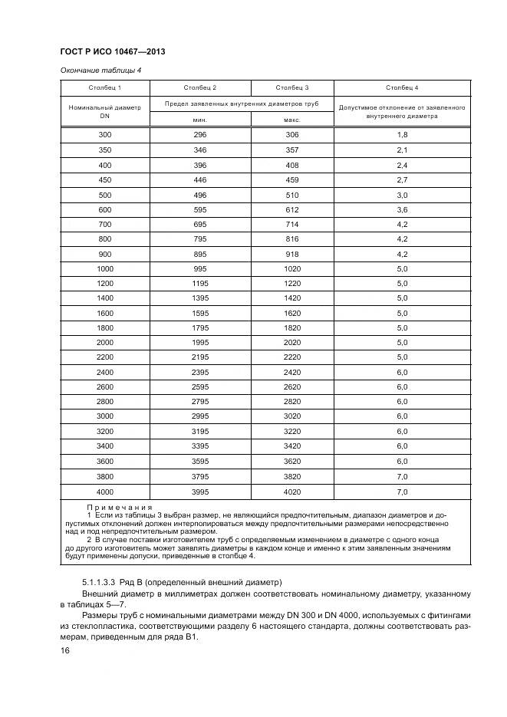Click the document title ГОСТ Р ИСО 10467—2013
click(x=113, y=51)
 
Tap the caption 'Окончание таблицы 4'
click(x=100, y=71)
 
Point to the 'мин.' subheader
click(x=199, y=120)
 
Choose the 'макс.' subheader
click(x=291, y=120)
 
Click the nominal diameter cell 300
click(x=105, y=135)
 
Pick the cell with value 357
click(x=291, y=150)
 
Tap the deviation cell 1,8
click(x=402, y=135)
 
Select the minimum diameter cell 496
click(x=199, y=195)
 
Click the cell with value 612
click(x=291, y=209)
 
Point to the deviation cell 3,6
click(x=402, y=209)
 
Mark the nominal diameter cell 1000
click(x=105, y=269)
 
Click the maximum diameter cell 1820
click(x=291, y=328)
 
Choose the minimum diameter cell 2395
click(x=199, y=373)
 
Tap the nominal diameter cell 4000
click(x=105, y=492)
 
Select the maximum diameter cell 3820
click(x=291, y=477)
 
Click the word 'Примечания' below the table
click(x=120, y=508)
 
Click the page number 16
click(x=65, y=650)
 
